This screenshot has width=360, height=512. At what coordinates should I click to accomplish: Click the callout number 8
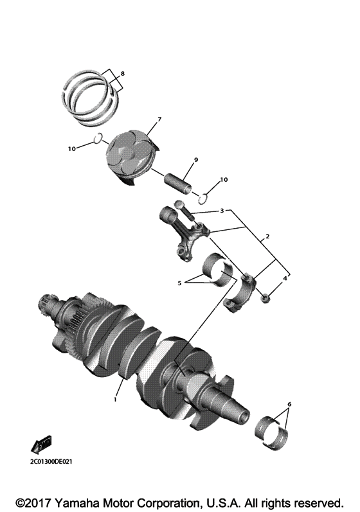123,73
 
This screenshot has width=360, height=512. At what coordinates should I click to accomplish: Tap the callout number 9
195,159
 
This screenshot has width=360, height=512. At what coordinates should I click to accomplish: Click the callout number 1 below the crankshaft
114,399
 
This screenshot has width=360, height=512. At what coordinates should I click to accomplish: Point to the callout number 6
289,404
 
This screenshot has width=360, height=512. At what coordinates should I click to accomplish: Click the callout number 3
221,211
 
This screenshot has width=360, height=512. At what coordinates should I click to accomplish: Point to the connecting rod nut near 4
265,296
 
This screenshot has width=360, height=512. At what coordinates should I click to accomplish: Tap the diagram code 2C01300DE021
52,461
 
